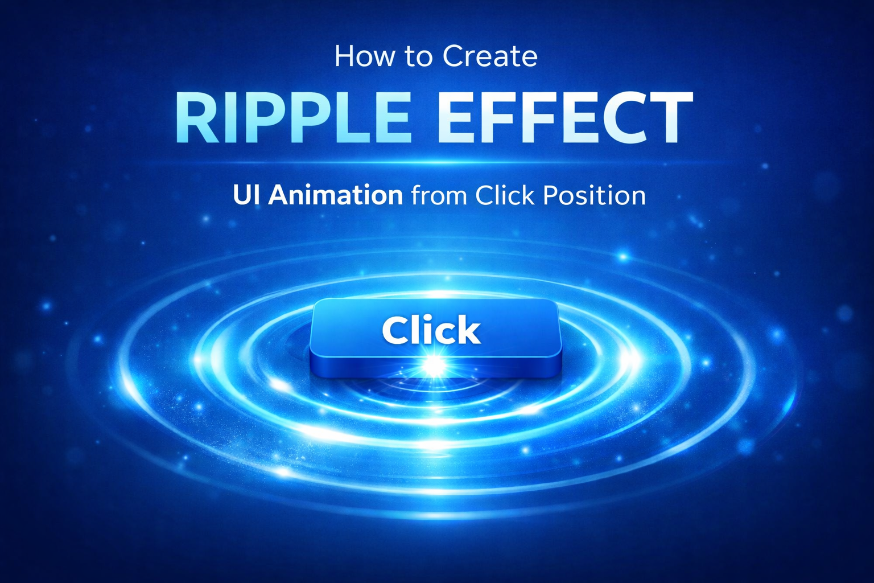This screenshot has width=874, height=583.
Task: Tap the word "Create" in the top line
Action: pyautogui.click(x=490, y=56)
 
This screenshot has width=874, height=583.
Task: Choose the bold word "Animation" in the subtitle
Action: pyautogui.click(x=336, y=195)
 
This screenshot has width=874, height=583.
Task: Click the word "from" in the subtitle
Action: pyautogui.click(x=439, y=195)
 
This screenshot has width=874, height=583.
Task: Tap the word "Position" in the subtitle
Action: pyautogui.click(x=594, y=195)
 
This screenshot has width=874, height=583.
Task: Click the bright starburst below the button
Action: pyautogui.click(x=434, y=365)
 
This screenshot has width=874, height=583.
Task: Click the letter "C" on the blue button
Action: pyautogui.click(x=395, y=330)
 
